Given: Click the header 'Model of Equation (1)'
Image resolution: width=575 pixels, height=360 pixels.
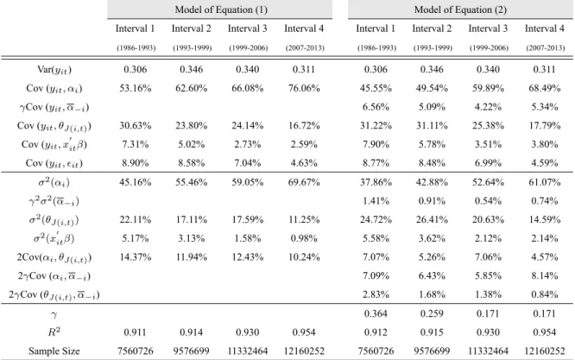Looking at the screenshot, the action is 221,9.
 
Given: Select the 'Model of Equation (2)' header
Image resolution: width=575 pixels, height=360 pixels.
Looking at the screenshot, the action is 460,9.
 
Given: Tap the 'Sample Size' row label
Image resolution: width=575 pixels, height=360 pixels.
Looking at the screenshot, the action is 54,351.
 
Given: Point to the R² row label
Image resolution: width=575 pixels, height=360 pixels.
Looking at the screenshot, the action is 54,332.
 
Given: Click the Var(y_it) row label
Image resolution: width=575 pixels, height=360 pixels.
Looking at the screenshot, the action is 54,70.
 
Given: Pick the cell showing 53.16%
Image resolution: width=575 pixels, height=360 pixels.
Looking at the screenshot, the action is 136,88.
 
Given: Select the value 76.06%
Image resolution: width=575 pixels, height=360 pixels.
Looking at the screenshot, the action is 304,88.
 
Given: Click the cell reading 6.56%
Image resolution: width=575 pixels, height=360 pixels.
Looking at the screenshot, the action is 376,107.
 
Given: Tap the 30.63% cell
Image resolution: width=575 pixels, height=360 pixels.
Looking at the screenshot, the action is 136,126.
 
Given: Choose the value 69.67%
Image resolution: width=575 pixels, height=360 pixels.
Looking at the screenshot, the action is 304,182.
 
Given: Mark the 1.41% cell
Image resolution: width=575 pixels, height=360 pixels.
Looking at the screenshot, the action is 376,201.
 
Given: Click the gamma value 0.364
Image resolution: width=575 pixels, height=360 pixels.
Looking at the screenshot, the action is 376,313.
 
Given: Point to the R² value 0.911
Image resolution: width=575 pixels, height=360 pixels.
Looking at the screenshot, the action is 136,332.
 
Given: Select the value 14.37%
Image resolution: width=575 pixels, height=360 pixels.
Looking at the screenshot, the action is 136,257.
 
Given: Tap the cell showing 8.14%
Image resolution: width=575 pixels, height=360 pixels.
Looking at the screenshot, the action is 545,275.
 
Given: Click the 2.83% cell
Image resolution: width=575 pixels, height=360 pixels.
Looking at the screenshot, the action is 376,294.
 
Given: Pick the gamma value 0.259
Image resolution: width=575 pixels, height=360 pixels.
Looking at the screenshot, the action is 432,313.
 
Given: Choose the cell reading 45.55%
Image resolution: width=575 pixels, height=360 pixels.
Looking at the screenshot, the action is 376,88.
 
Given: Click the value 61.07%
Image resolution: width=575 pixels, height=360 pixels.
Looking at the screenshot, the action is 545,182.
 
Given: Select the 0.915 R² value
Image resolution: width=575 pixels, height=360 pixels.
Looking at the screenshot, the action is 432,332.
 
